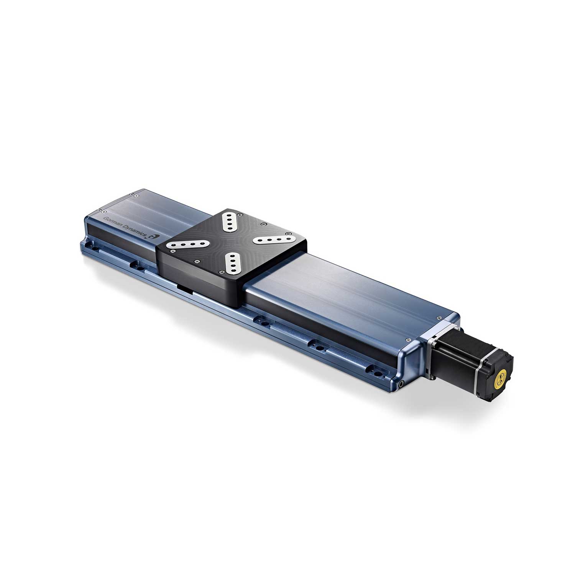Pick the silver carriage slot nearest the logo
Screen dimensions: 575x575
tap(186, 245)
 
